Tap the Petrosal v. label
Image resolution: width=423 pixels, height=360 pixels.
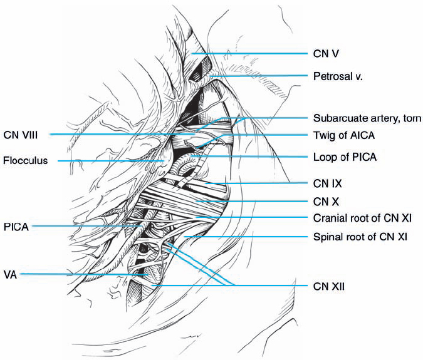coord(337,76)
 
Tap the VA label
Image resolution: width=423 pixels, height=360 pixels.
coord(9,274)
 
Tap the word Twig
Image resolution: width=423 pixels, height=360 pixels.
coord(322,135)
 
